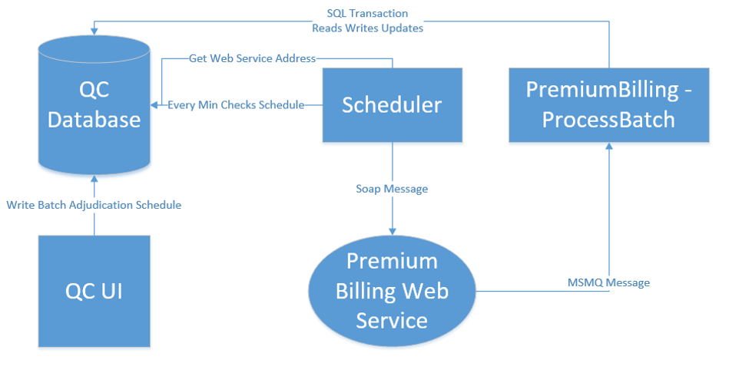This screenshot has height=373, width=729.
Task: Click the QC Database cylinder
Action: tap(94, 105)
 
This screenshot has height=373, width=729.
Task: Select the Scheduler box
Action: tap(393, 105)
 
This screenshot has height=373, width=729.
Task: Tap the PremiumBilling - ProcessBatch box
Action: tap(609, 105)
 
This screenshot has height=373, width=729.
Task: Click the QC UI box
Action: tap(94, 291)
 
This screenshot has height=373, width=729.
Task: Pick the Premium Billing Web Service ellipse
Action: tap(392, 291)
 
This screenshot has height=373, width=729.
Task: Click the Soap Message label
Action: tap(392, 189)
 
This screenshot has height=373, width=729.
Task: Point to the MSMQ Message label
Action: tap(608, 282)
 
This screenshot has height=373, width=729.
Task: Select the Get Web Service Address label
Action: tap(253, 58)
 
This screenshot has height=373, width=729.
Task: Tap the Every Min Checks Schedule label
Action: tap(236, 105)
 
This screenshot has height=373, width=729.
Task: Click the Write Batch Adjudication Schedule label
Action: tap(94, 205)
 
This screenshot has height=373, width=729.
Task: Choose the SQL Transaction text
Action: tap(367, 14)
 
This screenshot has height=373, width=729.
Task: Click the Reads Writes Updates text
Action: tap(367, 28)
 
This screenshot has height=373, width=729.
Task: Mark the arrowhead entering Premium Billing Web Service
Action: tap(393, 231)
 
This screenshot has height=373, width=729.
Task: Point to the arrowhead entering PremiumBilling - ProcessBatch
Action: tap(609, 146)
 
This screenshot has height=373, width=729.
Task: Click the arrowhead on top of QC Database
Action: tap(94, 31)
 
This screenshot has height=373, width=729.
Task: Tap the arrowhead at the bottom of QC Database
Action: tap(94, 179)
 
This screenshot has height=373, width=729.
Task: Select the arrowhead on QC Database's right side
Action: tap(154, 105)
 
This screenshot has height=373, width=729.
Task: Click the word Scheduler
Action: tap(392, 105)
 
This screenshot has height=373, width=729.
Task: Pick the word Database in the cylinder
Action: tap(94, 120)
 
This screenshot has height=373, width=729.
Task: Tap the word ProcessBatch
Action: tap(608, 120)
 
